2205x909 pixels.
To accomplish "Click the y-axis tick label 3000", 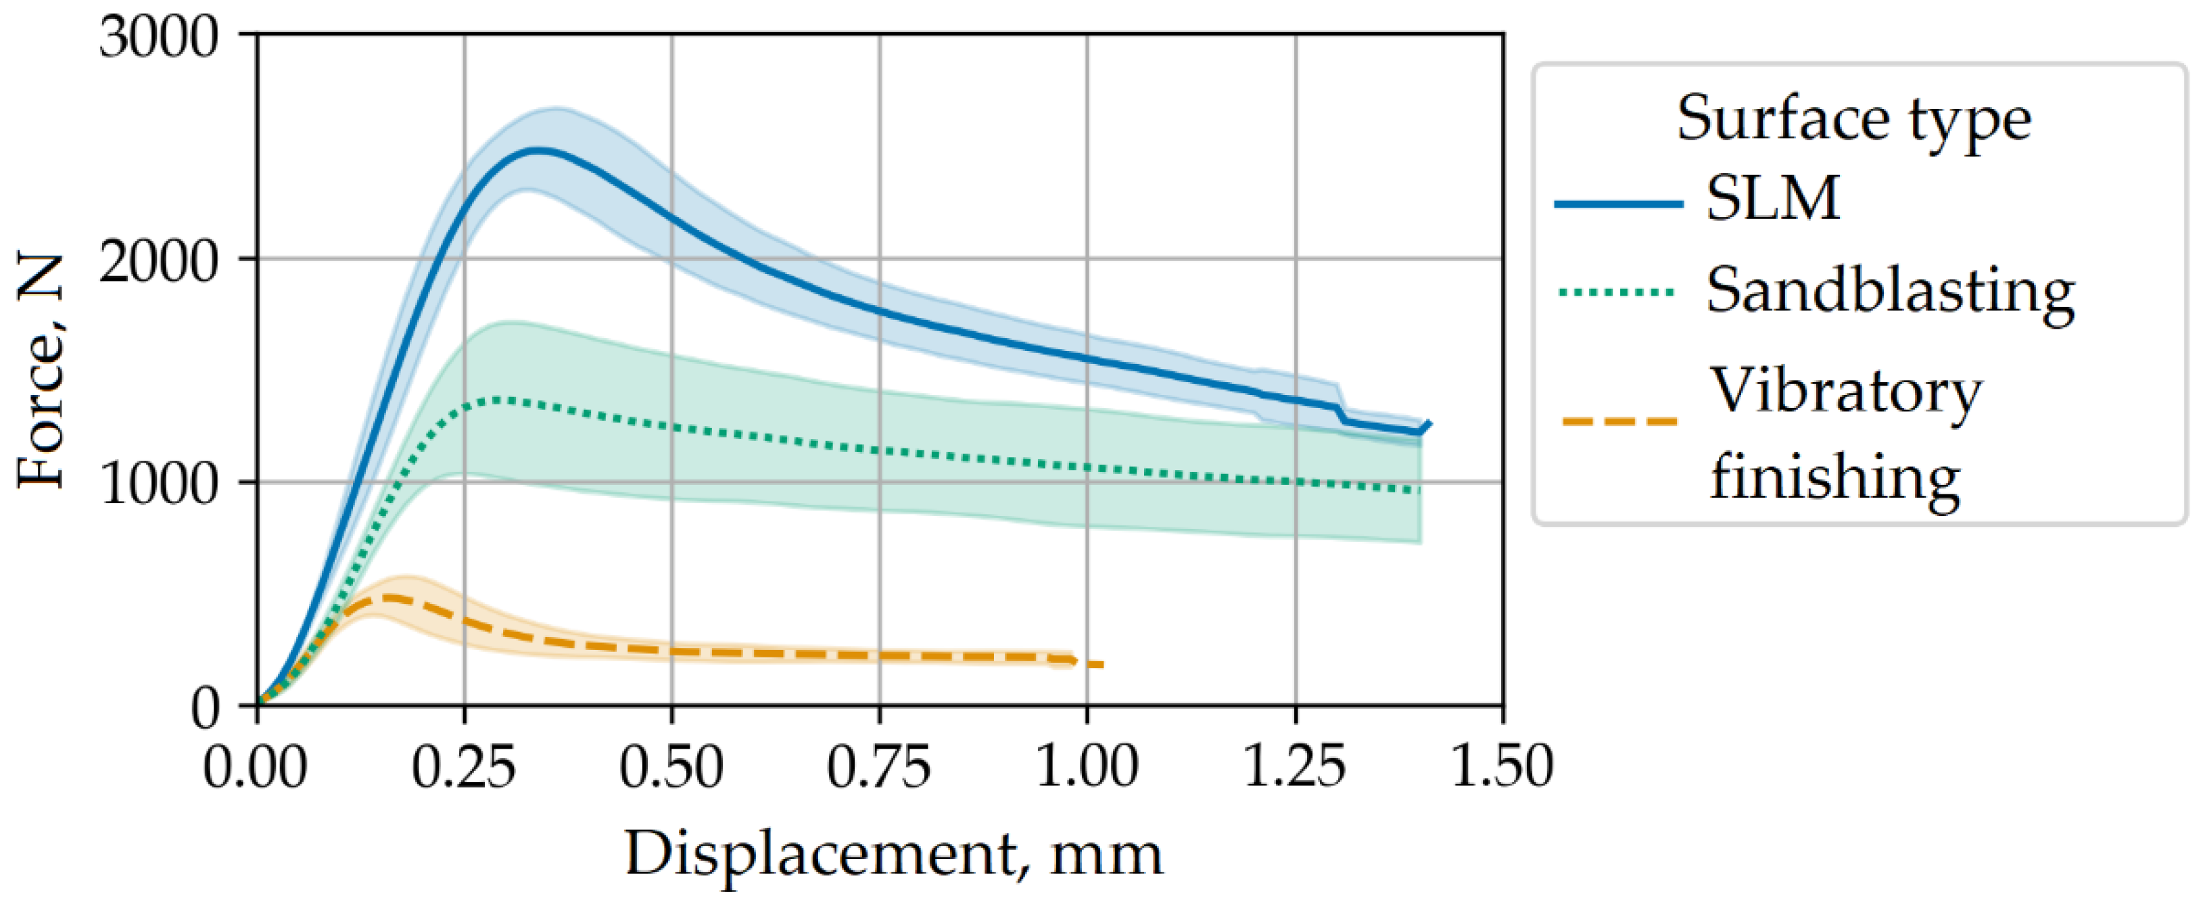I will click(x=159, y=38).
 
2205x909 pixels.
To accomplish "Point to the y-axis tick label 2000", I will click(x=159, y=261).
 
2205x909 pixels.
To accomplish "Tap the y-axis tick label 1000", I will click(x=159, y=484).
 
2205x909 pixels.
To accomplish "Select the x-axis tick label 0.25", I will click(x=463, y=766).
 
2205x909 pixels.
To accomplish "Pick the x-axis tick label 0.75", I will click(x=878, y=766).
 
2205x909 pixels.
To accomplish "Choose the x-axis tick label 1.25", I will click(x=1294, y=766).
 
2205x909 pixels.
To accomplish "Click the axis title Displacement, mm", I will click(x=894, y=854).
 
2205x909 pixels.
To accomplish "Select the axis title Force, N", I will click(x=41, y=371).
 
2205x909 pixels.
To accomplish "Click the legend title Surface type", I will click(x=1853, y=120).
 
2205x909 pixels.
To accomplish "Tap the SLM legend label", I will click(x=1772, y=199).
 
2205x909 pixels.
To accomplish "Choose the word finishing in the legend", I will click(x=1834, y=477).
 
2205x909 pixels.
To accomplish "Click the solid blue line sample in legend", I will click(x=1618, y=204).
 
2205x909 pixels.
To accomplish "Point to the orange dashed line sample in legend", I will click(x=1618, y=421).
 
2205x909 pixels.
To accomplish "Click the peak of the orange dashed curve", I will click(x=389, y=597).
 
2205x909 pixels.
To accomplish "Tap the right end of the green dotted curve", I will click(x=1419, y=490).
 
